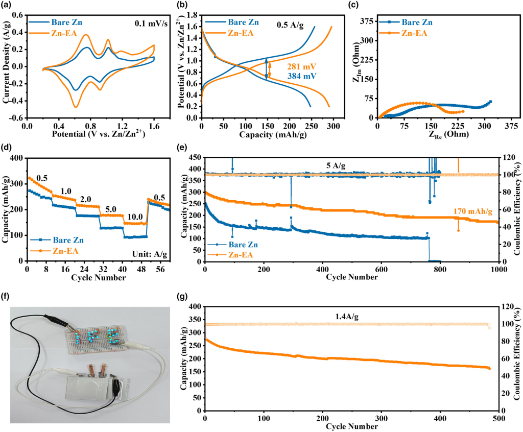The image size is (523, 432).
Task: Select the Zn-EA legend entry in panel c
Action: [413, 34]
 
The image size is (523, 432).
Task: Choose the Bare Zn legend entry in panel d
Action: [65, 239]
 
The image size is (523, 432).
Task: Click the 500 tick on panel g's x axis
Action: [498, 418]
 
